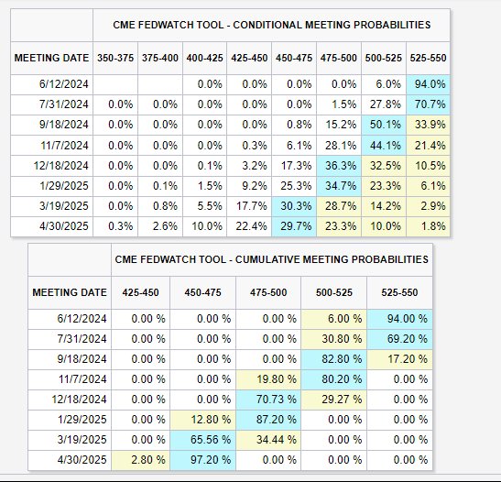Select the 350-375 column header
point(115,58)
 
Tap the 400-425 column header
point(205,58)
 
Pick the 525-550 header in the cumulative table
point(399,292)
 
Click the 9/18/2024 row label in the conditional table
point(63,125)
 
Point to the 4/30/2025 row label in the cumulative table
point(82,460)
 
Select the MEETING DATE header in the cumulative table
point(70,292)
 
